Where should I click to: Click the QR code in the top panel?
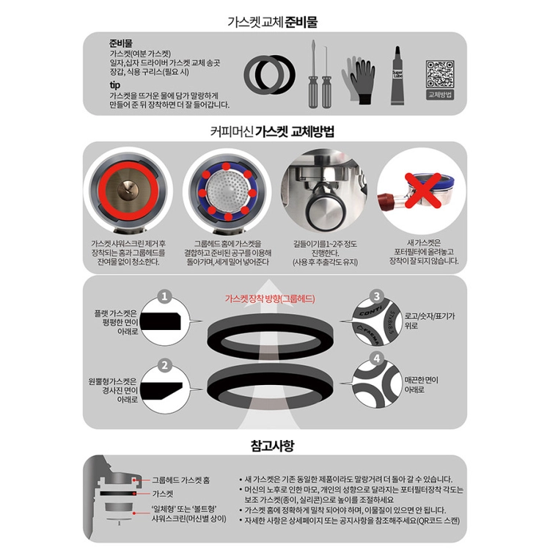(x=439, y=74)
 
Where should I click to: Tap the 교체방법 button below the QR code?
(x=440, y=95)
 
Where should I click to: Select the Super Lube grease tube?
(x=397, y=76)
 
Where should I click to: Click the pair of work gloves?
(x=358, y=80)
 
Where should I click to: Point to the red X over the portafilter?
(x=423, y=190)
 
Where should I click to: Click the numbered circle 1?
(x=164, y=297)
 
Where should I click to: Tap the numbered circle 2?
(x=164, y=365)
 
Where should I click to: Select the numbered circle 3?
(x=377, y=297)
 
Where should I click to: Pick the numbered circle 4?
(x=377, y=359)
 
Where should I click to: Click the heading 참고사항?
(x=273, y=445)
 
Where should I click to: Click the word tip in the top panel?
(x=114, y=85)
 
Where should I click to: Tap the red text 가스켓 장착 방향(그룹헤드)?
(x=270, y=298)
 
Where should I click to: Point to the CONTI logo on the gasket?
(x=370, y=311)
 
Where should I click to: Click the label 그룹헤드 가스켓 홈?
(x=180, y=480)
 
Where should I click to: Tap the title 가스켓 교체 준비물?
(x=273, y=22)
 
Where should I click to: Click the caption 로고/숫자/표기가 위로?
(x=429, y=320)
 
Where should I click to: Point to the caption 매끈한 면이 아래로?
(x=421, y=385)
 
